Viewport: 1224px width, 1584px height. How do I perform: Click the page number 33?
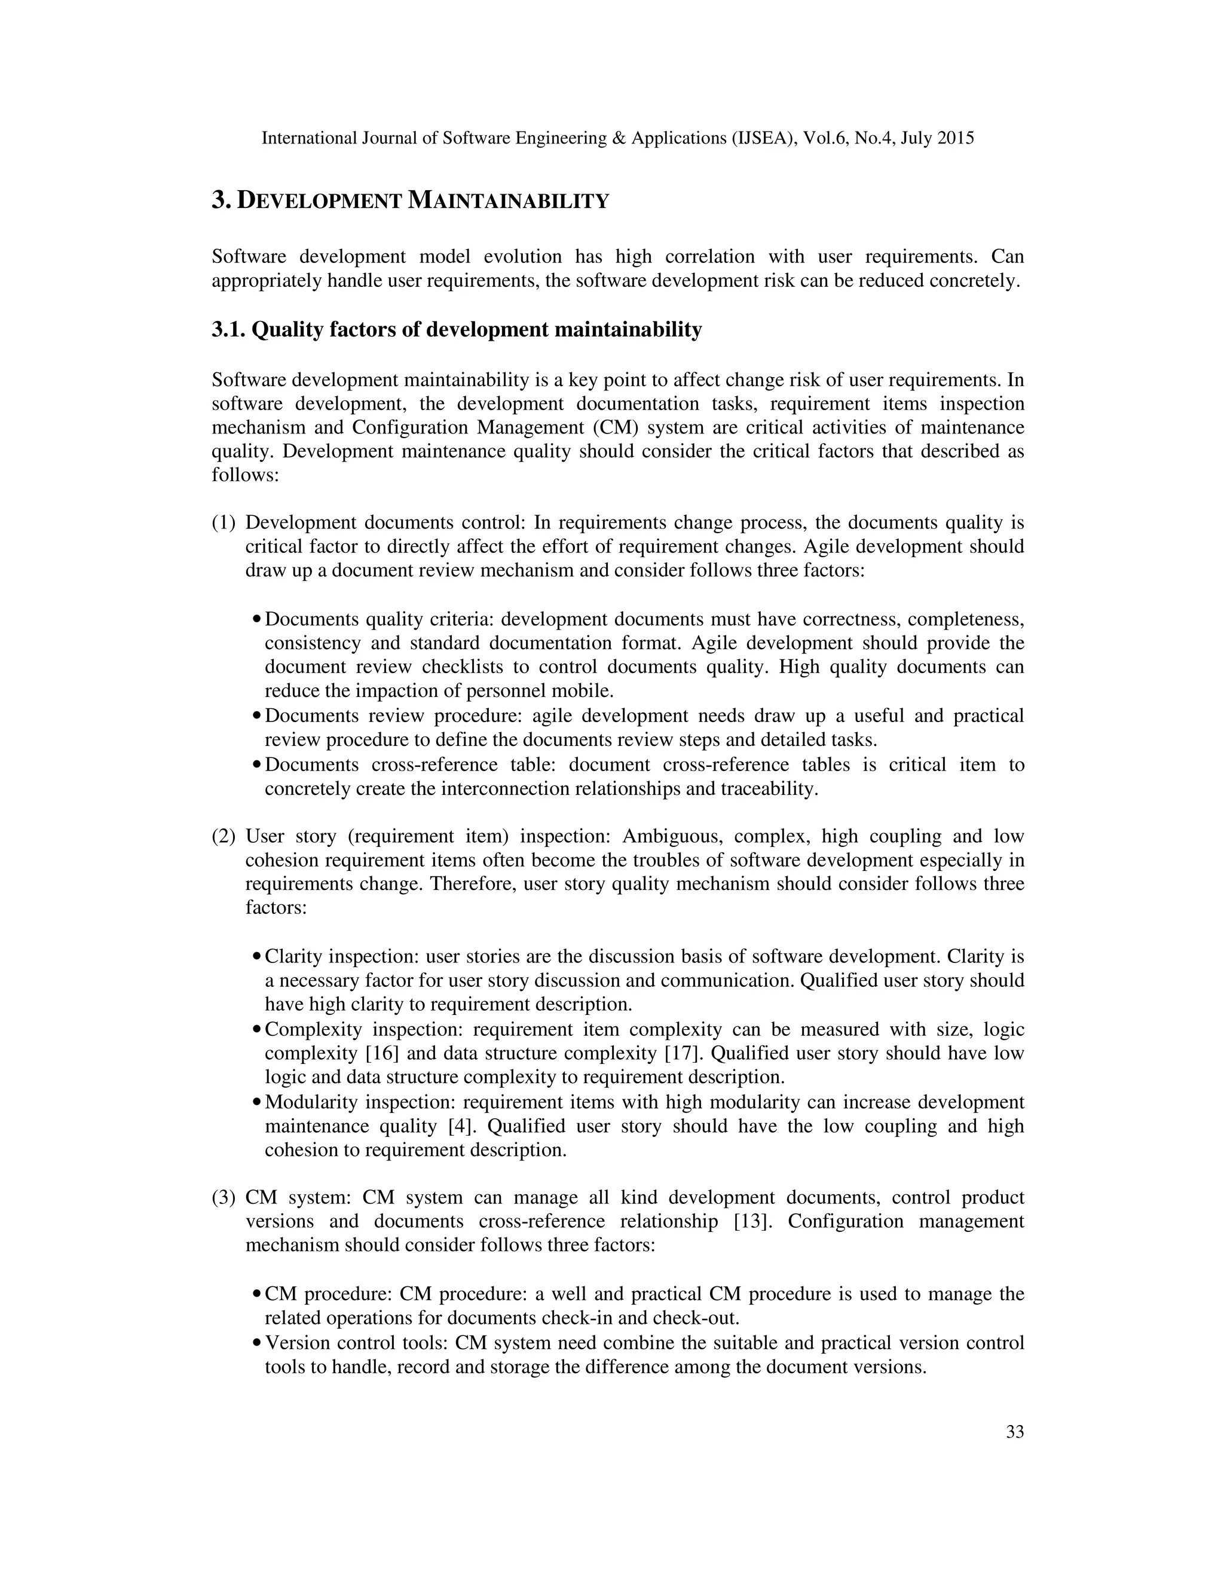[1014, 1432]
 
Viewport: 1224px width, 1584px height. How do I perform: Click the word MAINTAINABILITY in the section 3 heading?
[509, 201]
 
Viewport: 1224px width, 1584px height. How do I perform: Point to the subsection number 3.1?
[228, 330]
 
